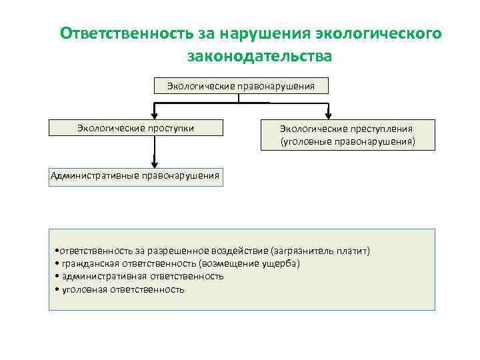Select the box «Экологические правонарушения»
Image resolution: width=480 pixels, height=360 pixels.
[x=239, y=85]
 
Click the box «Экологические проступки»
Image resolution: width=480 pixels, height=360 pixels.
[x=135, y=128]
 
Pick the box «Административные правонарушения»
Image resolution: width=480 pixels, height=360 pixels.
[x=135, y=176]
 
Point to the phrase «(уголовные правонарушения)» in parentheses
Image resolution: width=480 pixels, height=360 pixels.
[x=347, y=142]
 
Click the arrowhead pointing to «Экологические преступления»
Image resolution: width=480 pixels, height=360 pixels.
[x=328, y=115]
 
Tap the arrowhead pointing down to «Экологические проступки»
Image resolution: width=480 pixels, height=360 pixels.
[x=155, y=115]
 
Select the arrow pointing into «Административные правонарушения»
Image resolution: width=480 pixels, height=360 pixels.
[x=155, y=163]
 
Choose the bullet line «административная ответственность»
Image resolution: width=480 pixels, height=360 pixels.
[x=140, y=276]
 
